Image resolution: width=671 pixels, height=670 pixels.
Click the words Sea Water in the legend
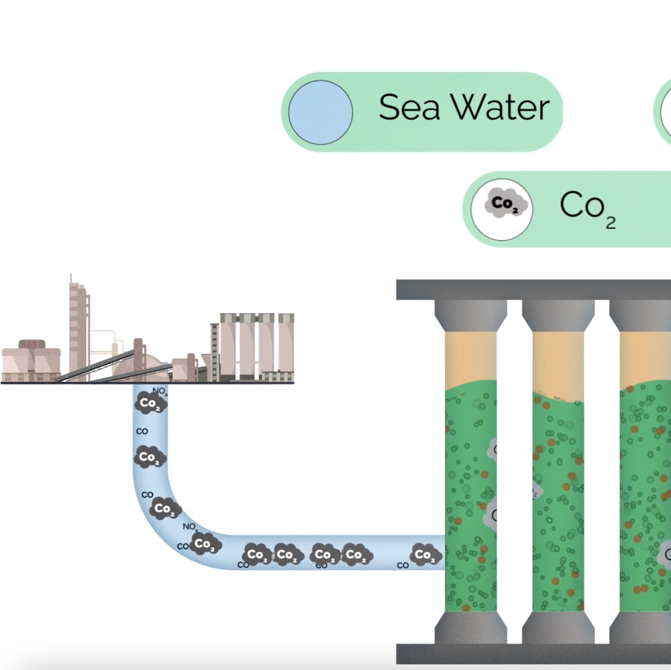[x=464, y=107]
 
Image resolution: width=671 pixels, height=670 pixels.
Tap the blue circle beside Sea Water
[x=321, y=112]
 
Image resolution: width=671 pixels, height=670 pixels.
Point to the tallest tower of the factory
[x=78, y=329]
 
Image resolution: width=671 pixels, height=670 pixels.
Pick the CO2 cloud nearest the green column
[x=425, y=555]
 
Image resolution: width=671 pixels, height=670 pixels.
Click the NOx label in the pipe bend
[x=190, y=526]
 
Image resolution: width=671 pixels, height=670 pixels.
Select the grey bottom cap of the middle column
[x=558, y=627]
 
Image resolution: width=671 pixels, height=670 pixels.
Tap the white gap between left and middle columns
[x=515, y=469]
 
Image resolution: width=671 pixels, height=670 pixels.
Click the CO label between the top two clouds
[x=142, y=431]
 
